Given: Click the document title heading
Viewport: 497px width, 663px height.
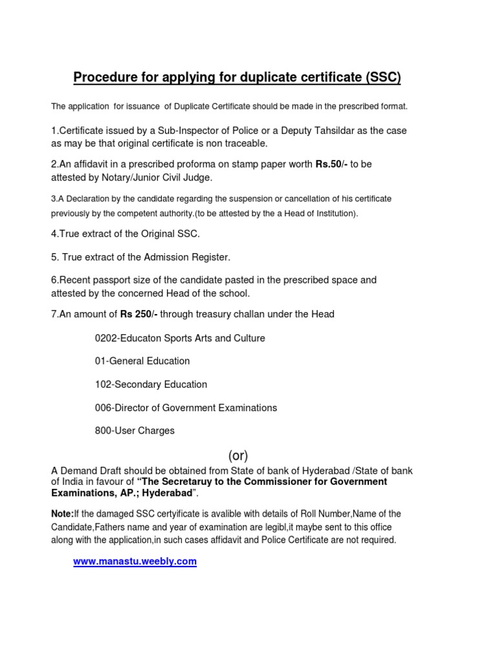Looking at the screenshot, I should pyautogui.click(x=237, y=78).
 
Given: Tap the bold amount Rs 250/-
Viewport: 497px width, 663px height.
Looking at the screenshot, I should pyautogui.click(x=138, y=314).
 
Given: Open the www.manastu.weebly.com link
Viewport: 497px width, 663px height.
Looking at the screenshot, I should pyautogui.click(x=135, y=561).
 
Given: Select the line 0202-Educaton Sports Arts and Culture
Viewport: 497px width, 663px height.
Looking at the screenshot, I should pyautogui.click(x=180, y=338).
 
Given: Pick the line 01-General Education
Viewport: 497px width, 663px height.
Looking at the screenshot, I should pyautogui.click(x=142, y=361).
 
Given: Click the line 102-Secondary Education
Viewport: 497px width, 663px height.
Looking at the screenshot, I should pyautogui.click(x=151, y=384).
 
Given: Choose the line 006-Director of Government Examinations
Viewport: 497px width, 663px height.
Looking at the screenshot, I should pyautogui.click(x=186, y=407).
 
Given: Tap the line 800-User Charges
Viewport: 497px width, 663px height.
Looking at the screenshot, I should pyautogui.click(x=135, y=431).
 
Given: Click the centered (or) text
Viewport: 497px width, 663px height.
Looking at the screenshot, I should pyautogui.click(x=237, y=455).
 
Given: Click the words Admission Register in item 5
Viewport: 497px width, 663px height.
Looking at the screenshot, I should pyautogui.click(x=188, y=257).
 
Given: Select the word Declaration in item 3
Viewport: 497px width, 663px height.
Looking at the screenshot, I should pyautogui.click(x=86, y=199).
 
